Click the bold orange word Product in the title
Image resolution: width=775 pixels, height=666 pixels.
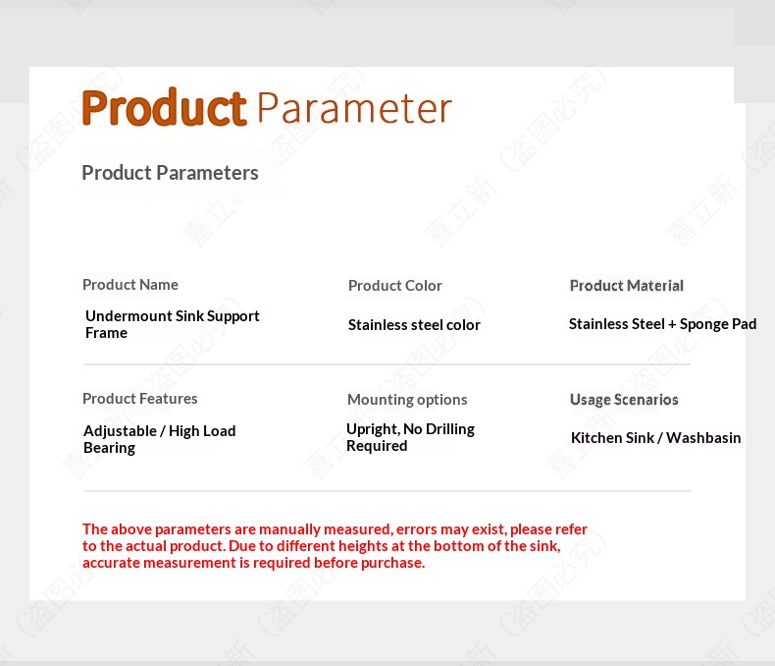[164, 107]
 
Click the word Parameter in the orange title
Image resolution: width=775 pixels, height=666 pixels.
[354, 108]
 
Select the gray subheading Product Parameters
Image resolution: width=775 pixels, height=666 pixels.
[170, 173]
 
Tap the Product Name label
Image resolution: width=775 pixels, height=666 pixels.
[130, 285]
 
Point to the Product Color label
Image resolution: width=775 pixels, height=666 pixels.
[395, 286]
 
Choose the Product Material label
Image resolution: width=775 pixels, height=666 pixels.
[627, 286]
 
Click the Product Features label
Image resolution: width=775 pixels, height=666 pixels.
[140, 398]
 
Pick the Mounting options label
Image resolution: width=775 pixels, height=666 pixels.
[407, 399]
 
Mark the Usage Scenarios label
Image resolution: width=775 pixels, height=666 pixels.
[624, 399]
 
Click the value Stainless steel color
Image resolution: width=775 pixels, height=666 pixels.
[414, 324]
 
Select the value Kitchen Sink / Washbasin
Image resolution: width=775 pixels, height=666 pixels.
[656, 437]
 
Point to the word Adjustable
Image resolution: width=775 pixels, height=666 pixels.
[120, 431]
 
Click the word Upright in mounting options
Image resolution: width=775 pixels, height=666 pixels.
[373, 429]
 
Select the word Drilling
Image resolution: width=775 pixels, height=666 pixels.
[449, 429]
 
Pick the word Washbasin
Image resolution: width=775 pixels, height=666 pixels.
[703, 437]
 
